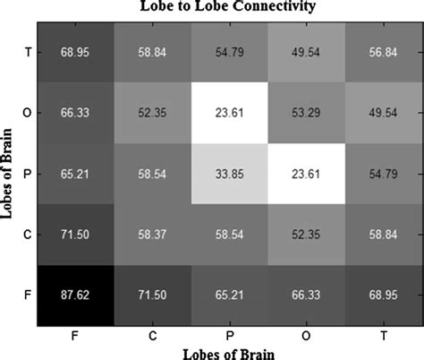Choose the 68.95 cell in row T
point(74,51)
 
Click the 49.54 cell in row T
point(304,51)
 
